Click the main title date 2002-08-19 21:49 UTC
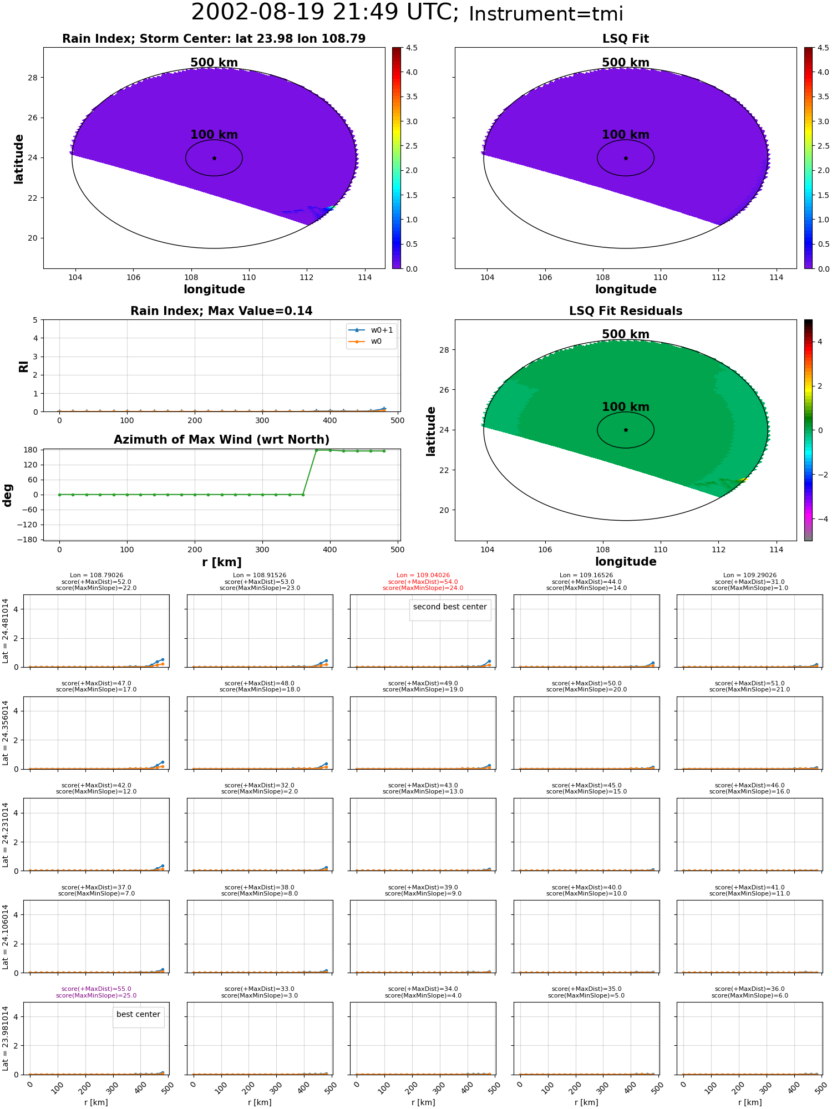click(325, 12)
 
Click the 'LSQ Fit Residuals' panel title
click(626, 311)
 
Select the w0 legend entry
click(366, 342)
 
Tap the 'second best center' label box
click(450, 607)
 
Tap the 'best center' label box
click(138, 1015)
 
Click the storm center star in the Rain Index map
click(214, 158)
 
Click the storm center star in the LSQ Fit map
click(626, 158)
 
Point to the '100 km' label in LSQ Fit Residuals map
click(626, 407)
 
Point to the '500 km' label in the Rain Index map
click(214, 63)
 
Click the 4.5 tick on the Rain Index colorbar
click(412, 48)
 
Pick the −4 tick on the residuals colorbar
click(820, 519)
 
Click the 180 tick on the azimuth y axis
click(31, 450)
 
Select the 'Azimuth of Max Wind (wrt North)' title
click(222, 440)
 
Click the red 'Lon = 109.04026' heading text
click(423, 576)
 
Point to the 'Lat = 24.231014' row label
click(6, 835)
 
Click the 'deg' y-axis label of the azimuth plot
click(7, 495)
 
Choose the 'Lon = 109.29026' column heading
click(750, 576)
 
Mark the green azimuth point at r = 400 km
click(330, 450)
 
